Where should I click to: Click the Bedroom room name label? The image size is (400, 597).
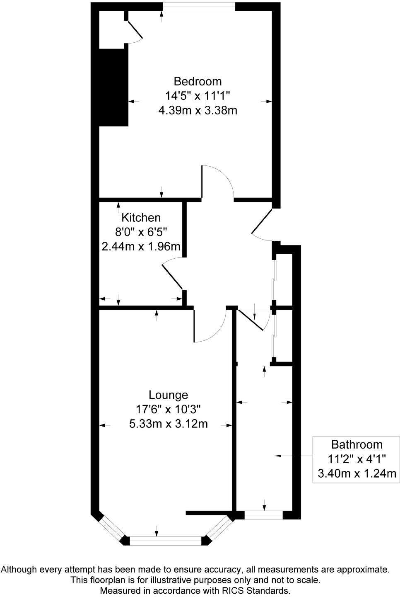coord(198,81)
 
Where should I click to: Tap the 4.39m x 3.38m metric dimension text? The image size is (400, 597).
coord(198,110)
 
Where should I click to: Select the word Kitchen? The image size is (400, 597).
coord(141,217)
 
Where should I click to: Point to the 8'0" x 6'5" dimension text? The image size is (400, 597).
coord(141,232)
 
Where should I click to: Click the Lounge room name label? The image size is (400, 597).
coord(168,395)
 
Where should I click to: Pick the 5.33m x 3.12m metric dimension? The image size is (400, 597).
coord(168,424)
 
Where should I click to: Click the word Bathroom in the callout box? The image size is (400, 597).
coord(357,444)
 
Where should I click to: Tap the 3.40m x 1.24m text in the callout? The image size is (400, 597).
coord(357,473)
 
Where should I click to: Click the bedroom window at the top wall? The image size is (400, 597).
coord(199,6)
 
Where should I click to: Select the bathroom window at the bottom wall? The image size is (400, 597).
coord(263,515)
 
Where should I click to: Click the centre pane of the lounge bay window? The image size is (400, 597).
coord(166,540)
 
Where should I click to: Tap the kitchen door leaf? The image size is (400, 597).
coord(172,276)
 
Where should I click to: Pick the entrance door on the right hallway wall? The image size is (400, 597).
coord(262,221)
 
